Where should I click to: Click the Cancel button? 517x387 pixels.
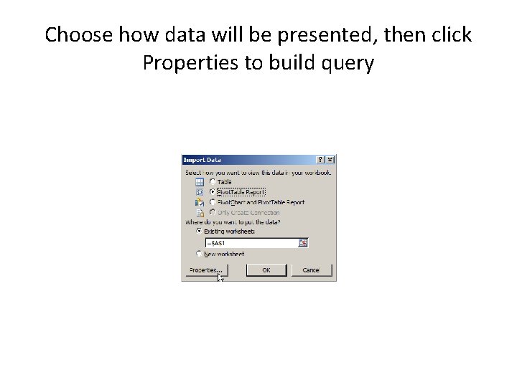click(x=310, y=270)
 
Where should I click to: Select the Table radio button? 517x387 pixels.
click(x=212, y=182)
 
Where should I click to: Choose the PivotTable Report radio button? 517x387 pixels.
click(x=212, y=192)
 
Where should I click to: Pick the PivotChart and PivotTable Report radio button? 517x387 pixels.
click(x=212, y=202)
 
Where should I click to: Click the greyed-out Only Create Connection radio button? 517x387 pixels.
click(x=212, y=212)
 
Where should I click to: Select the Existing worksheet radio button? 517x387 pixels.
click(x=200, y=231)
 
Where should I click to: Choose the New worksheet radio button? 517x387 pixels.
click(x=200, y=254)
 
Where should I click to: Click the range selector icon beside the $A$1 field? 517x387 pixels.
click(x=303, y=243)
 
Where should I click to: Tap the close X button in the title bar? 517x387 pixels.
click(x=330, y=160)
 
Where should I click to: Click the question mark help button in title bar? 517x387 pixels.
click(x=320, y=160)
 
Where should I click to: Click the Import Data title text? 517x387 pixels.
click(x=202, y=160)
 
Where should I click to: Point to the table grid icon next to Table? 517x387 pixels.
click(x=199, y=182)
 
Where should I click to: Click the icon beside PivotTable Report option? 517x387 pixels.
click(x=199, y=192)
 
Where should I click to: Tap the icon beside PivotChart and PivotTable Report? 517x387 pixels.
click(x=199, y=203)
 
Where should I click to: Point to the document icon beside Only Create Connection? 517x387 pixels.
click(x=199, y=213)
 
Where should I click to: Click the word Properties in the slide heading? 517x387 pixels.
click(x=190, y=64)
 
